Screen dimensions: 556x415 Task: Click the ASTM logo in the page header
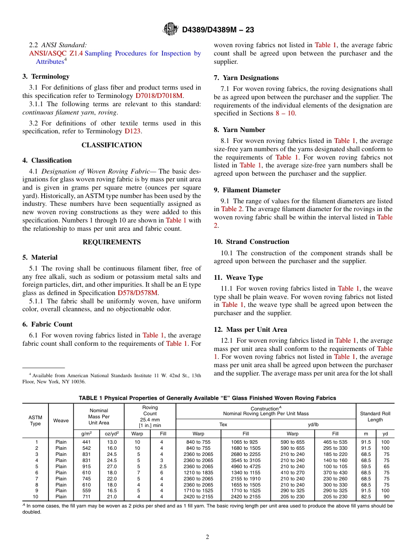pyautogui.click(x=170, y=29)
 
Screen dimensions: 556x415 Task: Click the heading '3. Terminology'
pyautogui.click(x=46, y=76)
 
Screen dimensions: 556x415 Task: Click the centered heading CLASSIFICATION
pyautogui.click(x=112, y=145)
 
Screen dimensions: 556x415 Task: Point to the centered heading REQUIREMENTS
pyautogui.click(x=112, y=242)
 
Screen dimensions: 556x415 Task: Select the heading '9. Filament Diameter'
pyautogui.click(x=247, y=190)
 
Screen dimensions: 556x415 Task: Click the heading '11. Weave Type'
pyautogui.click(x=239, y=278)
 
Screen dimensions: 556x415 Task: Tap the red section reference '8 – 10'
pyautogui.click(x=285, y=114)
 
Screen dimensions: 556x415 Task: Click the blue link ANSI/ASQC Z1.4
pyautogui.click(x=56, y=53)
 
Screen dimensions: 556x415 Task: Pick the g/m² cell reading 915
pyautogui.click(x=86, y=466)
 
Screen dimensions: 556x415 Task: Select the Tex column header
pyautogui.click(x=223, y=424)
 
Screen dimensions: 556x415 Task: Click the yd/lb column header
pyautogui.click(x=313, y=424)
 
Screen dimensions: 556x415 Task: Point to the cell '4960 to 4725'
pyautogui.click(x=246, y=466)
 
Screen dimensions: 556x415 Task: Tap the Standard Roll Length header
pyautogui.click(x=375, y=417)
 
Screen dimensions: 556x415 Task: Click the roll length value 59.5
pyautogui.click(x=366, y=466)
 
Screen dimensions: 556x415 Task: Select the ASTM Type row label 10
pyautogui.click(x=35, y=497)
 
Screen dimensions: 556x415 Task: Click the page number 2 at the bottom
pyautogui.click(x=207, y=537)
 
